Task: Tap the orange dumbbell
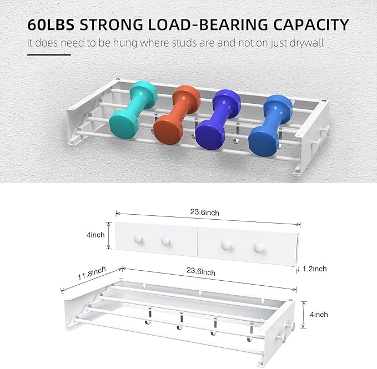[x=177, y=113]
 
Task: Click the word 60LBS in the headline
[x=52, y=24]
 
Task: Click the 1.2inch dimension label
[x=314, y=269]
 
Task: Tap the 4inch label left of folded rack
[x=95, y=235]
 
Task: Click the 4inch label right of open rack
[x=319, y=315]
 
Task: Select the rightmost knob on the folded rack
[x=257, y=247]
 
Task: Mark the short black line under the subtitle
[x=49, y=55]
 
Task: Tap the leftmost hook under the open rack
[x=148, y=322]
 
